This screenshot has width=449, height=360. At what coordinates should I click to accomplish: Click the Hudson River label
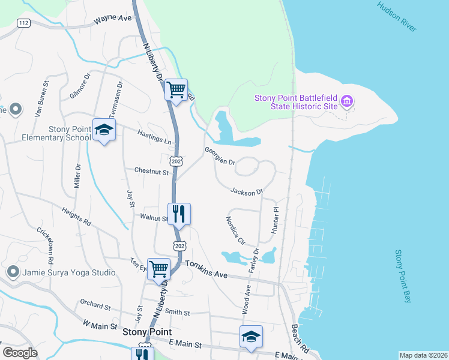[397, 17]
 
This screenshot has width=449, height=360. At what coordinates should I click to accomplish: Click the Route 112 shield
[23, 23]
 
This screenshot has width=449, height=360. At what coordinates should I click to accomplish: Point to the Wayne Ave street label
[112, 19]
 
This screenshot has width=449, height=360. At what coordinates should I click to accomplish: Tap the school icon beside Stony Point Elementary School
[104, 130]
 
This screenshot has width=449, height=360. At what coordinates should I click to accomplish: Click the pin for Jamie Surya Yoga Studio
[13, 272]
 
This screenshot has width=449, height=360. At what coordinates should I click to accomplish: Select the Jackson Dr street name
[247, 191]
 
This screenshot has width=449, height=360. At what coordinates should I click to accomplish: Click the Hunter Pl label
[276, 221]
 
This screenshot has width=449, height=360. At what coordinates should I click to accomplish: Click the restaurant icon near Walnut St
[178, 213]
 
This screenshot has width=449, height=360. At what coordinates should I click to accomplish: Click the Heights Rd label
[76, 217]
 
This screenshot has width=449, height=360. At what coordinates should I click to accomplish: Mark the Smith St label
[177, 312]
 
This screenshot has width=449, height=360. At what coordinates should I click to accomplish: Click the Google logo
[20, 353]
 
